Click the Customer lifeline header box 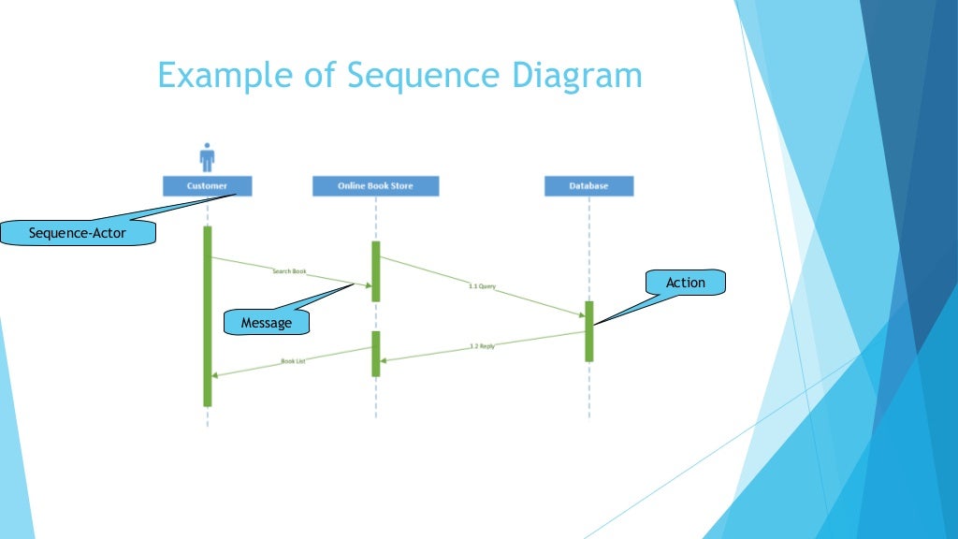point(207,186)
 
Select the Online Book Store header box point(375,186)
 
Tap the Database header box point(588,186)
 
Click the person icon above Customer point(207,157)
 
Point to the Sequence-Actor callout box point(77,233)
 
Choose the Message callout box point(267,323)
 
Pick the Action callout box point(686,283)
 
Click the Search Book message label point(289,271)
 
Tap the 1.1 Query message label point(483,286)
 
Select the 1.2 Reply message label point(482,346)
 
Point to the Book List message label point(293,360)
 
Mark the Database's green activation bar point(589,331)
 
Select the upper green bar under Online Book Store point(376,271)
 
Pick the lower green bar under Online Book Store point(376,354)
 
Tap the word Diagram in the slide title point(572,76)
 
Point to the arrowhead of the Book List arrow point(215,375)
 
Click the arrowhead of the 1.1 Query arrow point(581,315)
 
